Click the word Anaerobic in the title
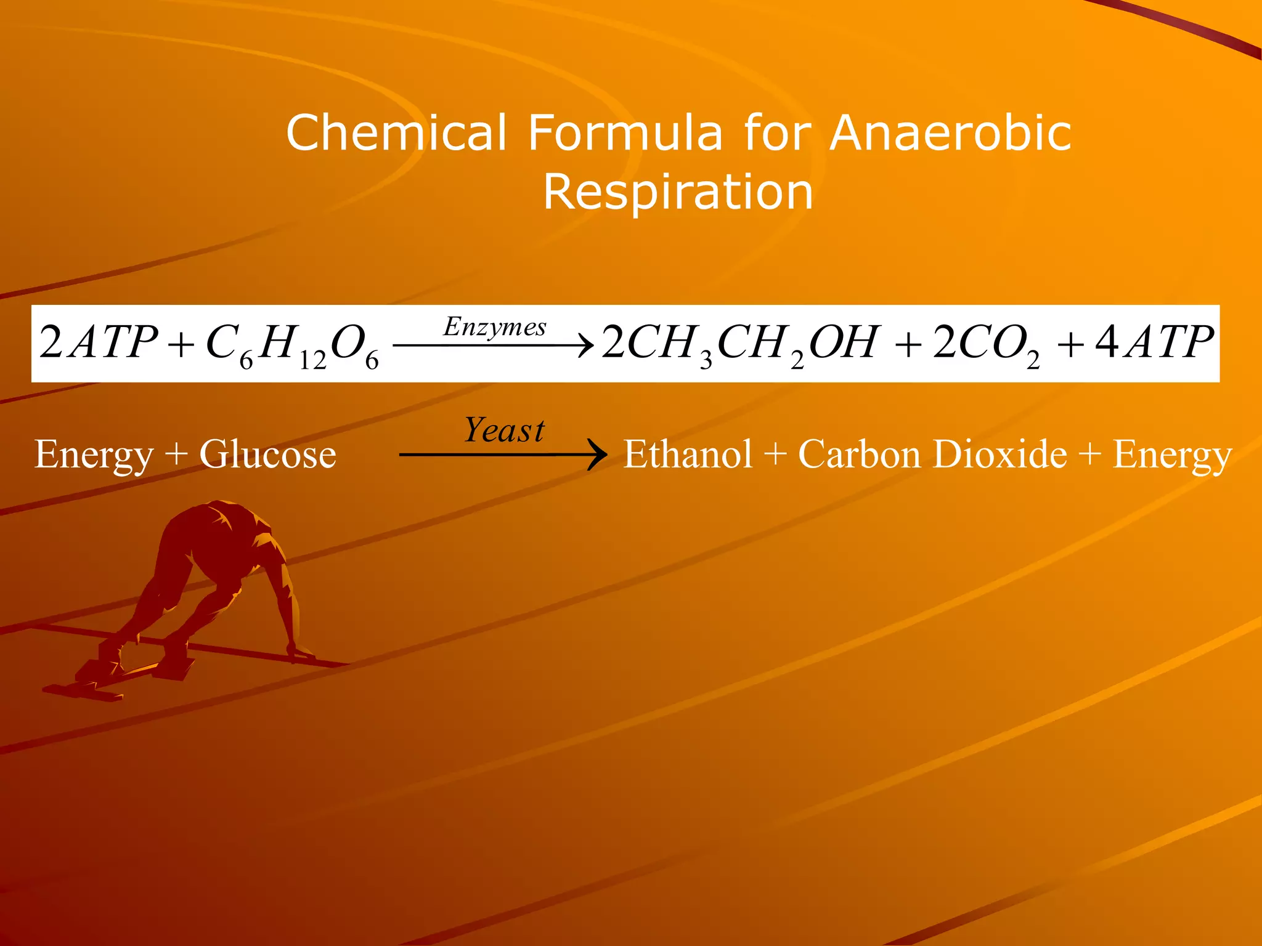pyautogui.click(x=950, y=133)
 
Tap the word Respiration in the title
pyautogui.click(x=678, y=192)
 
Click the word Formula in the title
pyautogui.click(x=625, y=133)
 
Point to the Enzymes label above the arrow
pyautogui.click(x=495, y=327)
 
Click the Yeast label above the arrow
pyautogui.click(x=504, y=431)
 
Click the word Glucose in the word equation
pyautogui.click(x=267, y=455)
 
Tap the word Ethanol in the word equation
pyautogui.click(x=688, y=455)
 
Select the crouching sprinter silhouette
pyautogui.click(x=203, y=591)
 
